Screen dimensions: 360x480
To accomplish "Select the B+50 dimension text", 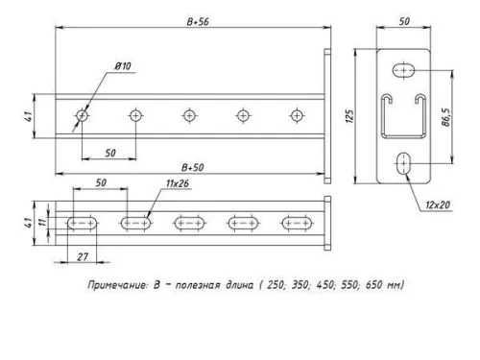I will coord(195,167).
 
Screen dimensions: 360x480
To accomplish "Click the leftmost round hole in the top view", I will coord(83,114).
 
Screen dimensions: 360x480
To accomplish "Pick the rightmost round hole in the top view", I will coord(295,114).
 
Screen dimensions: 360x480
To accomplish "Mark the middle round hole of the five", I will coord(188,114).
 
